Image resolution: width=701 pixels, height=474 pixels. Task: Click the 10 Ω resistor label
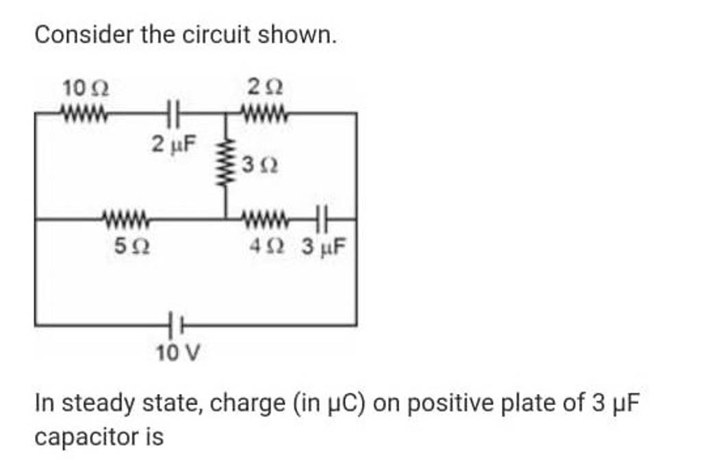pos(84,88)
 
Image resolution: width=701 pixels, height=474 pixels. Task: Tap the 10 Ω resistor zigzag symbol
pos(84,112)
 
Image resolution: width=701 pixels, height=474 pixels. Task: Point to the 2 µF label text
pos(173,144)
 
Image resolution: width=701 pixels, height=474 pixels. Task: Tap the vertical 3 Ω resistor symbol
pos(226,166)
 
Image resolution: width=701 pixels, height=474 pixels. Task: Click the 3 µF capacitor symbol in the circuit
pos(322,220)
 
